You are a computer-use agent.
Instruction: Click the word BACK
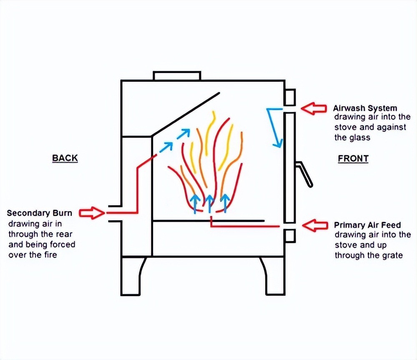[65, 158]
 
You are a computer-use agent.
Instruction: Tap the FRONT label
[353, 159]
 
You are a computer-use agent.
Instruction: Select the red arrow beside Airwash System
[314, 109]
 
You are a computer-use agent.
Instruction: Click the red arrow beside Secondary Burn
[92, 213]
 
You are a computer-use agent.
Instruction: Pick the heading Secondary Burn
[40, 213]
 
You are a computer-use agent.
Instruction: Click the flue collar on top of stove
[177, 76]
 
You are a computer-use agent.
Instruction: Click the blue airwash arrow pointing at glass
[275, 129]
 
